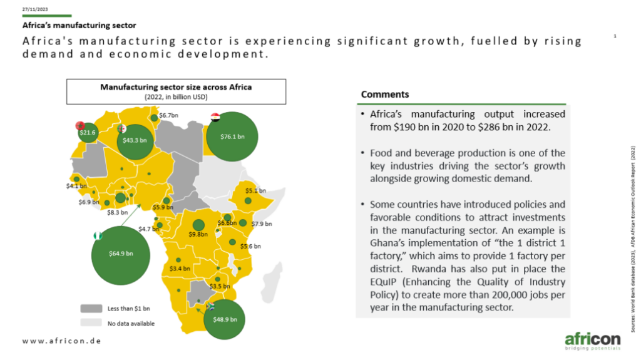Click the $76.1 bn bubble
(x=232, y=136)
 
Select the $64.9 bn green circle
(x=121, y=255)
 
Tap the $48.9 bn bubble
(x=225, y=319)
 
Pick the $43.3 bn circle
(x=135, y=141)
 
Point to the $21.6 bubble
(x=88, y=133)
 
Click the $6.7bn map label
(x=168, y=115)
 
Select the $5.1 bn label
(x=255, y=190)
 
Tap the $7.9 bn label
(x=262, y=224)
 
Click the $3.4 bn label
(x=180, y=269)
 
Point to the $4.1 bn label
(x=76, y=186)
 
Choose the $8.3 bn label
(x=117, y=212)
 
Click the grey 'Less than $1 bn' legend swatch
(x=91, y=308)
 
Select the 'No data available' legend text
(x=131, y=324)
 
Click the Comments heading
(x=385, y=95)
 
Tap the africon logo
(x=593, y=341)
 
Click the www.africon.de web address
(x=62, y=341)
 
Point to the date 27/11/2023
(x=35, y=9)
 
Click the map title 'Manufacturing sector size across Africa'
(x=176, y=87)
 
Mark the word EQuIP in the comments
(x=384, y=282)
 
